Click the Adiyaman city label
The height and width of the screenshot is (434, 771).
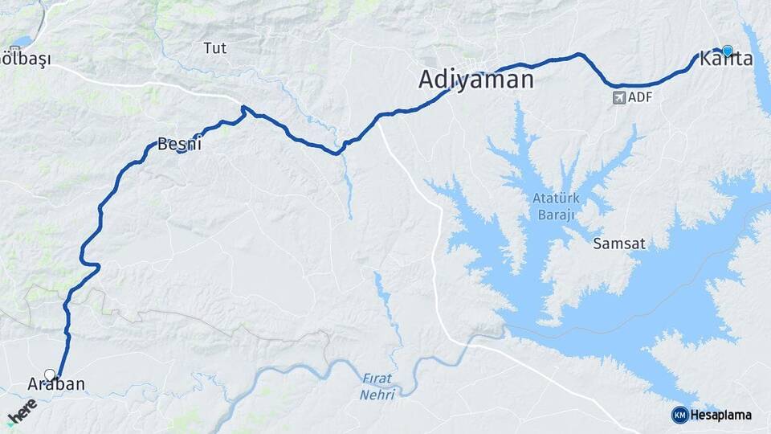pos(476,80)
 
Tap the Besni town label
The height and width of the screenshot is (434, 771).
pos(178,145)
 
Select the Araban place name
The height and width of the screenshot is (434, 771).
pos(56,384)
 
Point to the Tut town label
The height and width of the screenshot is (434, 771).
pos(215,48)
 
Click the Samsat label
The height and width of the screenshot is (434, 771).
pos(619,243)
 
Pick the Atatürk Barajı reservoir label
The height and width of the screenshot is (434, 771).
pos(555,207)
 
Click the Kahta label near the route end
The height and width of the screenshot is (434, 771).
pos(726,59)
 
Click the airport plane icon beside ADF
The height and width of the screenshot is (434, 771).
pos(619,97)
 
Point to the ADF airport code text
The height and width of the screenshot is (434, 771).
pos(640,97)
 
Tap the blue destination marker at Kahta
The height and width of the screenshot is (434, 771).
pos(728,51)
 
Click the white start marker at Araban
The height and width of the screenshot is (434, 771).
pos(51,375)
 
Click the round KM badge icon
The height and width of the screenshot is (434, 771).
pos(680,415)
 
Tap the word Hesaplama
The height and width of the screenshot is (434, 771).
pos(721,415)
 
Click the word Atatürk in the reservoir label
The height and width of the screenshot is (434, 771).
pos(555,199)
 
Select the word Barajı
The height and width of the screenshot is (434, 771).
pos(555,215)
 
